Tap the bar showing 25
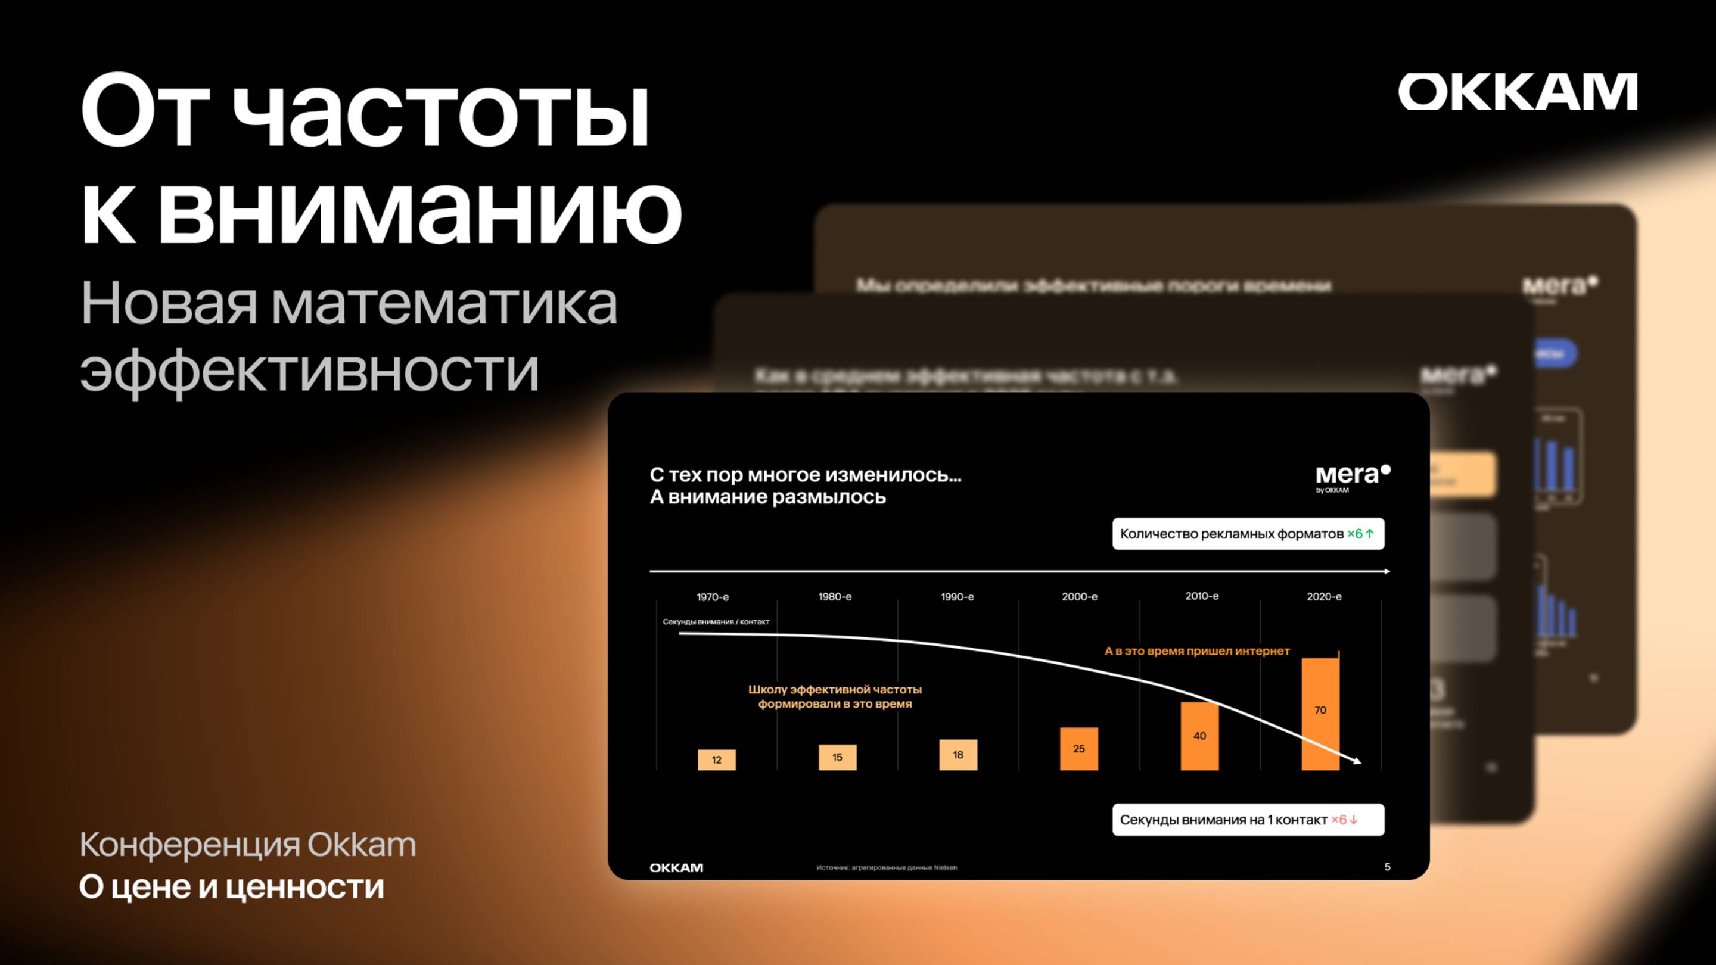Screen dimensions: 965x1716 (x=1079, y=749)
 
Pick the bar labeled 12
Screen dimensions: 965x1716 (x=717, y=760)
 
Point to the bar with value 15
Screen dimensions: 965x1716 (x=837, y=757)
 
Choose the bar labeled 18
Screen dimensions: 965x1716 (x=958, y=755)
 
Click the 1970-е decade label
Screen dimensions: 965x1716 (x=713, y=597)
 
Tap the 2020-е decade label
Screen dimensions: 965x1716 (x=1323, y=597)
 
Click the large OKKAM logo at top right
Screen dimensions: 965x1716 (x=1518, y=92)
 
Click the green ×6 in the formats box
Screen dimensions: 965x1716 (x=1360, y=534)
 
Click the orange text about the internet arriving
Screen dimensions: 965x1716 (x=1197, y=650)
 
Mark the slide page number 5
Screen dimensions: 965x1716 (x=1388, y=867)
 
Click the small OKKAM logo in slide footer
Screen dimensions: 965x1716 (x=676, y=868)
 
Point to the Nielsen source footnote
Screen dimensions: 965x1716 (x=887, y=868)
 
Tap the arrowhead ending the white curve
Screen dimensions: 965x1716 (x=1358, y=761)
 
